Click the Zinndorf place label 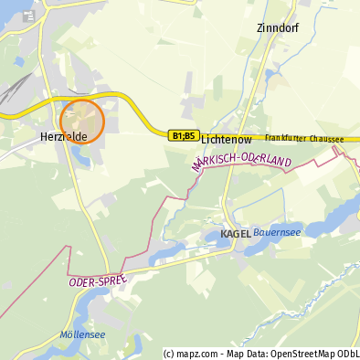point(278,27)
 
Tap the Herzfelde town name point(64,136)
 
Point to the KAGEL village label point(236,234)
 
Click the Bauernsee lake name point(278,232)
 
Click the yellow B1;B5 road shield point(183,135)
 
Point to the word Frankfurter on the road point(288,139)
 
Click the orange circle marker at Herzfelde point(82,122)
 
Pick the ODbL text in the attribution point(348,354)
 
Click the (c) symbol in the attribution point(168,354)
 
